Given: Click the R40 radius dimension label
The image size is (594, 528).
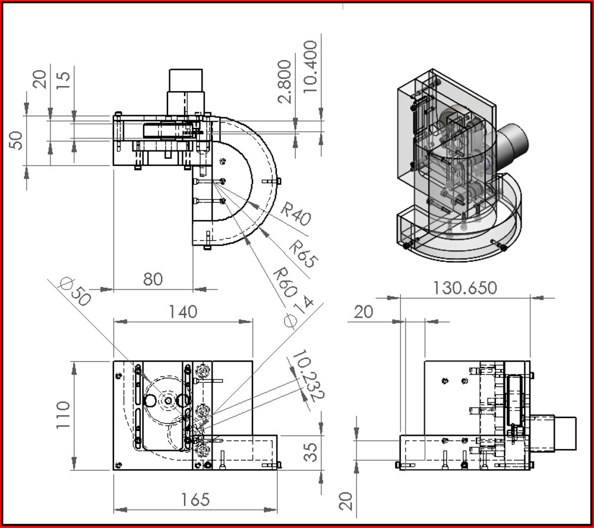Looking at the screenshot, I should [296, 214].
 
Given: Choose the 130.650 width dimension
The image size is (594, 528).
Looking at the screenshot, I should [465, 288].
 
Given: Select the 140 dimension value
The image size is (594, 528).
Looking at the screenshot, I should [183, 312].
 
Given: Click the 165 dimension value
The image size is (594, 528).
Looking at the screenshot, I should [195, 499].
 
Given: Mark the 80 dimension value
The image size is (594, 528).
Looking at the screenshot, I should [153, 279].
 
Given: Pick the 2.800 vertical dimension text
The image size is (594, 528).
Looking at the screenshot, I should [285, 81].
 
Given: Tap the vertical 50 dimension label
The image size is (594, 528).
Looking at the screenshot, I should [17, 140].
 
